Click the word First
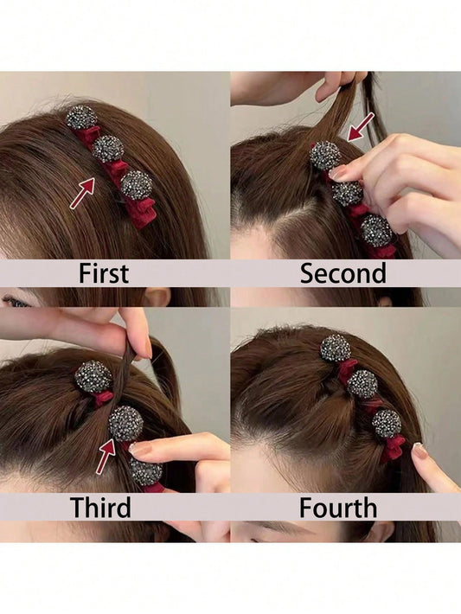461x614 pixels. pos(104,273)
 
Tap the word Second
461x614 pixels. pos(343,273)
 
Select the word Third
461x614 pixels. pos(100,508)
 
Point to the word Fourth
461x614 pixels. pos(338,508)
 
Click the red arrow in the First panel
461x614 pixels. pos(82,193)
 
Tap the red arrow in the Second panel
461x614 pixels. pos(361,127)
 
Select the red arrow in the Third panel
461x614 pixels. pos(106,457)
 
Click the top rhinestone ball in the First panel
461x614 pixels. pos(81,117)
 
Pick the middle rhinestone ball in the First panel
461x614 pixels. pos(108,149)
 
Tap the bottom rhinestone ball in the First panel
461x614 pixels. pos(137,185)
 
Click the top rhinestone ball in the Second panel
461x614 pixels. pos(325,156)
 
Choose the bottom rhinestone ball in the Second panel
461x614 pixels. pos(376,231)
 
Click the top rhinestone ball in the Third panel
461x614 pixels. pos(93,377)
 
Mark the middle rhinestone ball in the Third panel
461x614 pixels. pos(125,423)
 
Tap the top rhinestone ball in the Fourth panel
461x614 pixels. pos(336,349)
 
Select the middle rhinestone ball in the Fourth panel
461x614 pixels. pos(362,384)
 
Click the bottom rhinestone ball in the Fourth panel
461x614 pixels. pos(387,424)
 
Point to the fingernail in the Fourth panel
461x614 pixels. pos(419,451)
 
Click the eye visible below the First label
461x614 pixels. pos(15,302)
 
